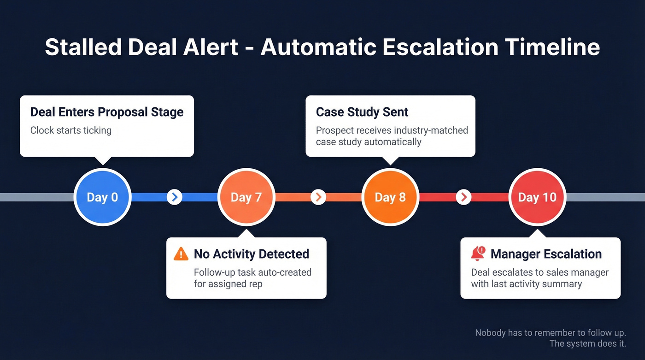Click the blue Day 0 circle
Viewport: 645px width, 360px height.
(102, 197)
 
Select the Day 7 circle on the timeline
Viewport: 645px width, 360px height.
(246, 197)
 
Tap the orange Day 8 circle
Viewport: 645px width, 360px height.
(390, 197)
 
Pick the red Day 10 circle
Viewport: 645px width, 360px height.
(537, 197)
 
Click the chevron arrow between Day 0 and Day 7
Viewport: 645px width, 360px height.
(174, 197)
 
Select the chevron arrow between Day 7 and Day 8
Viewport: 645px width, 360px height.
(318, 197)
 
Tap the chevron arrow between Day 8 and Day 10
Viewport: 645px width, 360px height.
(463, 197)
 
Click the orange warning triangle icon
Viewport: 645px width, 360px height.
(181, 254)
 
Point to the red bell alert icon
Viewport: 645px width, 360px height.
(478, 254)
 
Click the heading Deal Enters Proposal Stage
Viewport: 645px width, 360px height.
(107, 112)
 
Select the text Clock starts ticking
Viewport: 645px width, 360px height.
(71, 130)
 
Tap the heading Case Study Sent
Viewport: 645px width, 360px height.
(362, 112)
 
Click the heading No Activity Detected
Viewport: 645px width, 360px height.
(251, 254)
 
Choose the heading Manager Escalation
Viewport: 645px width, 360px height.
(546, 254)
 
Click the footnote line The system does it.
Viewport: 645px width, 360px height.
(588, 343)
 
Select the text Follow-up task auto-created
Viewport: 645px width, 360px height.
(252, 272)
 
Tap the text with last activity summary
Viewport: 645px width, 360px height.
(526, 284)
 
